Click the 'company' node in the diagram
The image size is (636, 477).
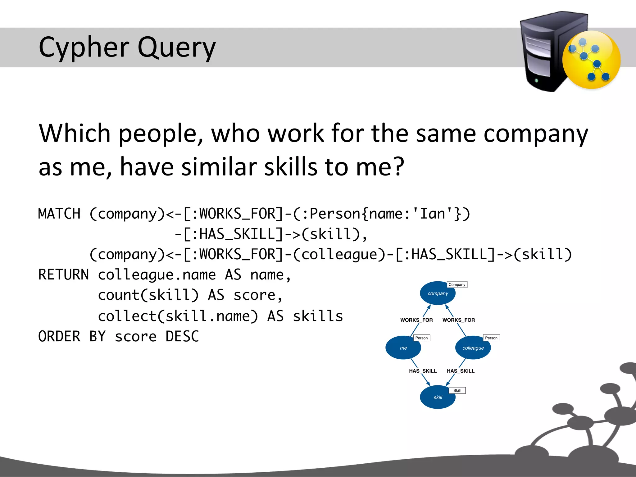coord(438,293)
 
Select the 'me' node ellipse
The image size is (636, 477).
coord(403,348)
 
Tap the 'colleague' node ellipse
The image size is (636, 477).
coord(473,348)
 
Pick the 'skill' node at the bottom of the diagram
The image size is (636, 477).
coord(438,397)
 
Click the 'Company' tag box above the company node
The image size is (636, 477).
coord(457,284)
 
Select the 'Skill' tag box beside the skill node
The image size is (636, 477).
coord(457,390)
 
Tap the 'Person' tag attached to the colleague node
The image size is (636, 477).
coord(491,338)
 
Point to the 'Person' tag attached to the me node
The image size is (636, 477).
coord(421,338)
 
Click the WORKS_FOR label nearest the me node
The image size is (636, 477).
coord(416,320)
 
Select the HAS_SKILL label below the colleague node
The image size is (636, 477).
coord(461,371)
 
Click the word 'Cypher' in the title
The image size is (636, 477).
coord(84,48)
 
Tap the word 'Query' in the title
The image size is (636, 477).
coord(176,48)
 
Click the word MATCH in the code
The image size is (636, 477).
coord(59,214)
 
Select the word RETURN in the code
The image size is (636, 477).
coord(63,275)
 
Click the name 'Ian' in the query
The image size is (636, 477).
coord(433,214)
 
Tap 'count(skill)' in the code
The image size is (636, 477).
coord(148,295)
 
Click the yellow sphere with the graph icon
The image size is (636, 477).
coord(591,60)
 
